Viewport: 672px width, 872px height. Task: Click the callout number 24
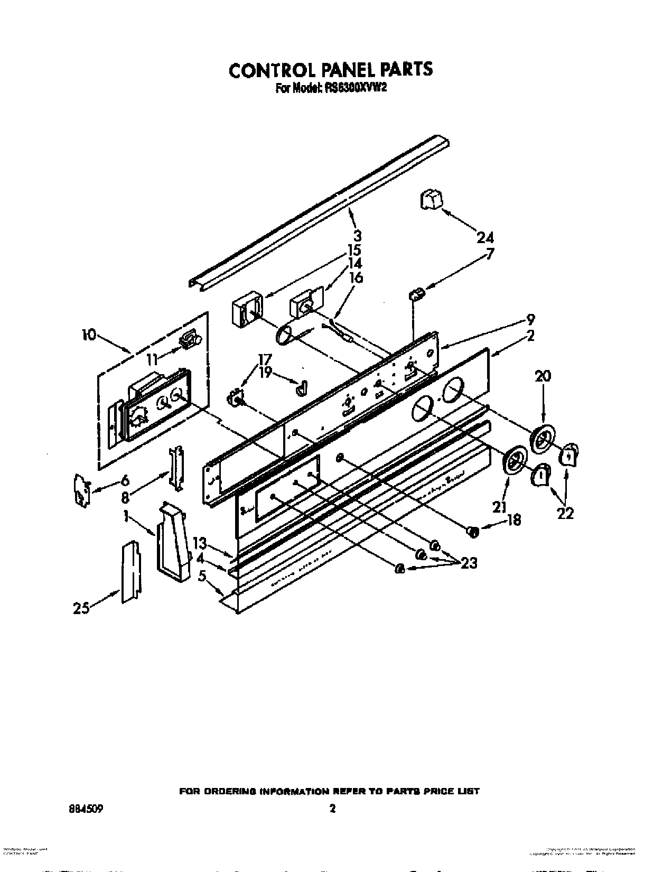click(485, 237)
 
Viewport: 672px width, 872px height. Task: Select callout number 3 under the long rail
click(358, 235)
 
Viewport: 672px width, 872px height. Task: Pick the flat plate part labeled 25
click(130, 571)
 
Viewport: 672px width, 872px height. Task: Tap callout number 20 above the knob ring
click(543, 376)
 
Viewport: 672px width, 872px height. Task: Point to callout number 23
click(468, 563)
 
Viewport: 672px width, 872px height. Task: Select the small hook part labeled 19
click(301, 388)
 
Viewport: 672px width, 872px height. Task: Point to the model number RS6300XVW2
click(353, 89)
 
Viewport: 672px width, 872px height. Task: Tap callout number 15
click(354, 249)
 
